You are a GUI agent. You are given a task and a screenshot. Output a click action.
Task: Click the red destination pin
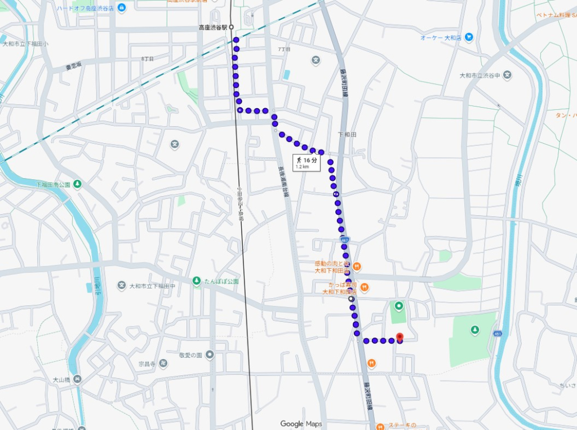pos(400,337)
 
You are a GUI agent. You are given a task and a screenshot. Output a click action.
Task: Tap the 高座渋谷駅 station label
pos(212,27)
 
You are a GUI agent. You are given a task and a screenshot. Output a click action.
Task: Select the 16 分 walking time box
pos(307,162)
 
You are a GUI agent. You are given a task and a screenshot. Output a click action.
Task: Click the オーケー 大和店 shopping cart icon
pos(468,37)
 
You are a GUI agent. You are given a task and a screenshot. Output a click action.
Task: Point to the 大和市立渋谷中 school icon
pos(507,75)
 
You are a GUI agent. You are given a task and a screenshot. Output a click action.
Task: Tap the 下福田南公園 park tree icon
pos(77,184)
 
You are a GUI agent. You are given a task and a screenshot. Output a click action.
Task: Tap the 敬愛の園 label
pos(190,355)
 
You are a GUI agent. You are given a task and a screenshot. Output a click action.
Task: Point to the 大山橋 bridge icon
pos(77,379)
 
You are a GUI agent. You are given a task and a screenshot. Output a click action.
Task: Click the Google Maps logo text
pos(300,424)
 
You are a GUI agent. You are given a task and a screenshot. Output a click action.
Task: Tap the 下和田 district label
pos(347,134)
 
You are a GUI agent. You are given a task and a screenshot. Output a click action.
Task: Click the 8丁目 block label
pos(147,59)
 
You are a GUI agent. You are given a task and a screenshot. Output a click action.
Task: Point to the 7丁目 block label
pos(284,50)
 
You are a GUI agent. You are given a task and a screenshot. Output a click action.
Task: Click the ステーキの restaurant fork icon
pos(379,426)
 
